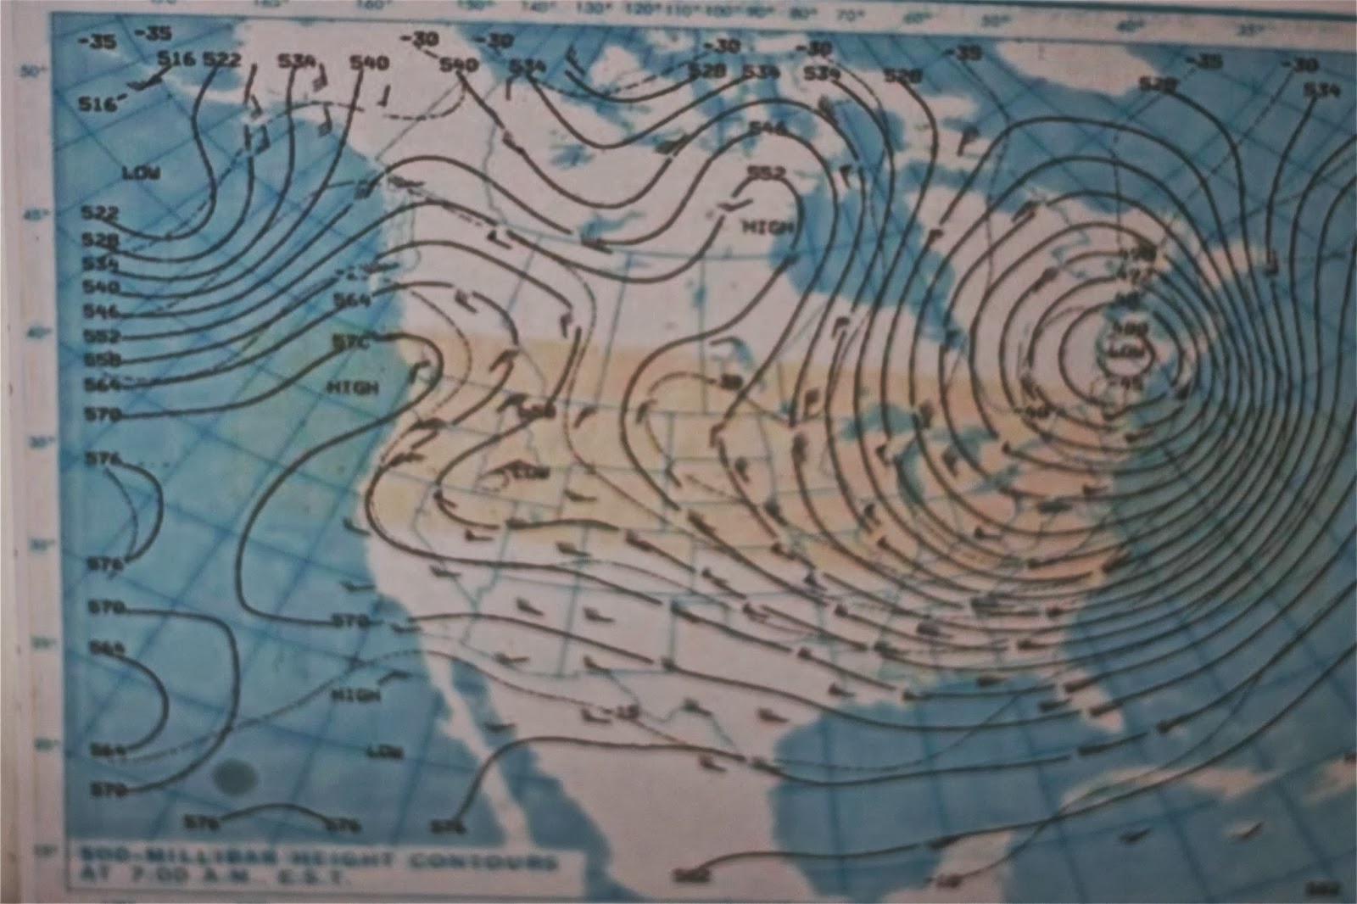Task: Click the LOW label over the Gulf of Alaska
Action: point(141,173)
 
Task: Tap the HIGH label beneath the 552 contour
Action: point(769,227)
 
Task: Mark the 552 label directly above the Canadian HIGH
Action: point(767,173)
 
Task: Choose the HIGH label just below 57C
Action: point(352,387)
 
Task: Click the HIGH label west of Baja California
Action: point(355,695)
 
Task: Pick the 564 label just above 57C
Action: point(351,300)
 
